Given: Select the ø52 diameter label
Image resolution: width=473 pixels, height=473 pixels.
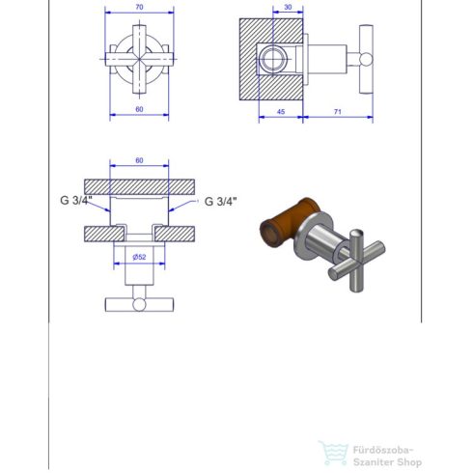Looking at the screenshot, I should [x=139, y=257].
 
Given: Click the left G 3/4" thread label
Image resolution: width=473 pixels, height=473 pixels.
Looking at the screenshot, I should [x=73, y=201].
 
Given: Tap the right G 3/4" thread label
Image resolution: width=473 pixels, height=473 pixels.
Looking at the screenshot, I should [x=220, y=201].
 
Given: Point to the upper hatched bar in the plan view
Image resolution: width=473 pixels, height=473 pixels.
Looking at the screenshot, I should [x=139, y=184].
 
